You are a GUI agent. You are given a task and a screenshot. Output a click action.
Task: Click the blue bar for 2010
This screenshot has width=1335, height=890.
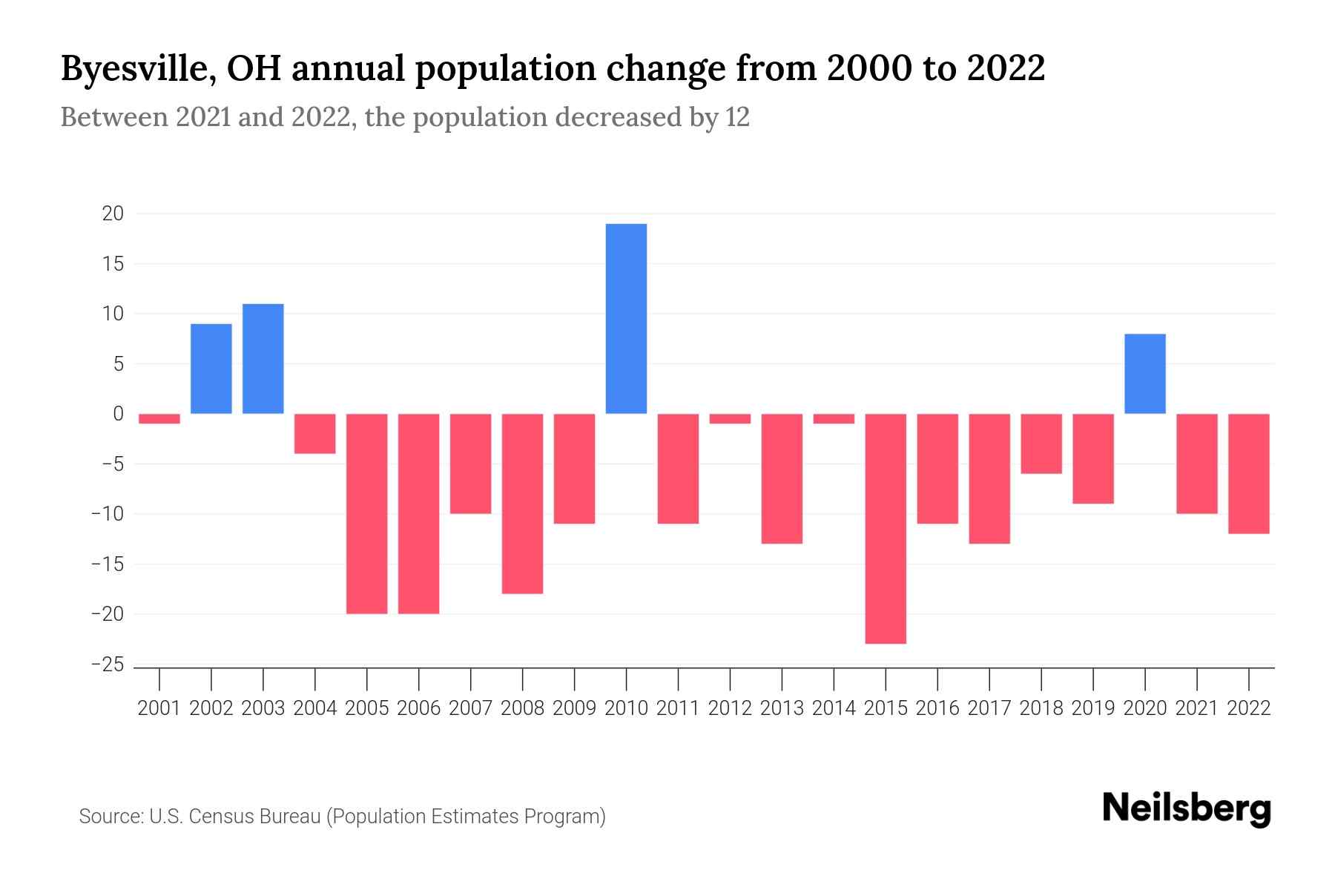[x=626, y=319]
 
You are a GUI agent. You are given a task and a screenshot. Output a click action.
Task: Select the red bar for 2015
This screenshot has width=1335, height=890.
[x=886, y=528]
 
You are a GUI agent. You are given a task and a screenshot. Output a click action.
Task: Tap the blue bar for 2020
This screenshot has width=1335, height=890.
[x=1144, y=374]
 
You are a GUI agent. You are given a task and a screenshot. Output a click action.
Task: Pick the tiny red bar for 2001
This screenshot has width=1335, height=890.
[x=159, y=419]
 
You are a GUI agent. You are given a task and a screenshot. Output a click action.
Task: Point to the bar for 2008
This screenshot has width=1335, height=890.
[x=522, y=504]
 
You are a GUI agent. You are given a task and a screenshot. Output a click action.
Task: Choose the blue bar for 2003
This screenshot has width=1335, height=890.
[x=263, y=359]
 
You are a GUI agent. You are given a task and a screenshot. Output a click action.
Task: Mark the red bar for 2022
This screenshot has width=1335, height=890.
[x=1248, y=473]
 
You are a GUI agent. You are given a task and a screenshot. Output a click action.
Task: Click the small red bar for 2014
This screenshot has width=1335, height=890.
[x=834, y=419]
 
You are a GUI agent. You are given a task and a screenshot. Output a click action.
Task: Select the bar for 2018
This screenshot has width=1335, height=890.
[x=1041, y=444]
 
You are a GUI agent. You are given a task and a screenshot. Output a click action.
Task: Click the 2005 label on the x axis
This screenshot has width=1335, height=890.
[x=367, y=708]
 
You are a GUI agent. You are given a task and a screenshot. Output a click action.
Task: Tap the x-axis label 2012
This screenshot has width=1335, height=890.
[x=730, y=708]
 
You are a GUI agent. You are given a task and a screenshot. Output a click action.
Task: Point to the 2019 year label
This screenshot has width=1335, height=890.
[x=1092, y=708]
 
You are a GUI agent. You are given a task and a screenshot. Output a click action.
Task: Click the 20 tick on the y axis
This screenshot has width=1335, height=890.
[x=113, y=214]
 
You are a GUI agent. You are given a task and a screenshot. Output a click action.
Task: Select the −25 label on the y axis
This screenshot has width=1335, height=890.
[x=108, y=665]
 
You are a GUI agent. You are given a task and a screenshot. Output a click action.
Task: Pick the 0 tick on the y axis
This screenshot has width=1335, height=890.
[x=118, y=414]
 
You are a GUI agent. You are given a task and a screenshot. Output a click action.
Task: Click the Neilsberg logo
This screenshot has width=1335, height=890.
[x=1187, y=809]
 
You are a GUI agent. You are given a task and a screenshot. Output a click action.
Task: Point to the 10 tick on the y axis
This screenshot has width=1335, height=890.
[x=113, y=314]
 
